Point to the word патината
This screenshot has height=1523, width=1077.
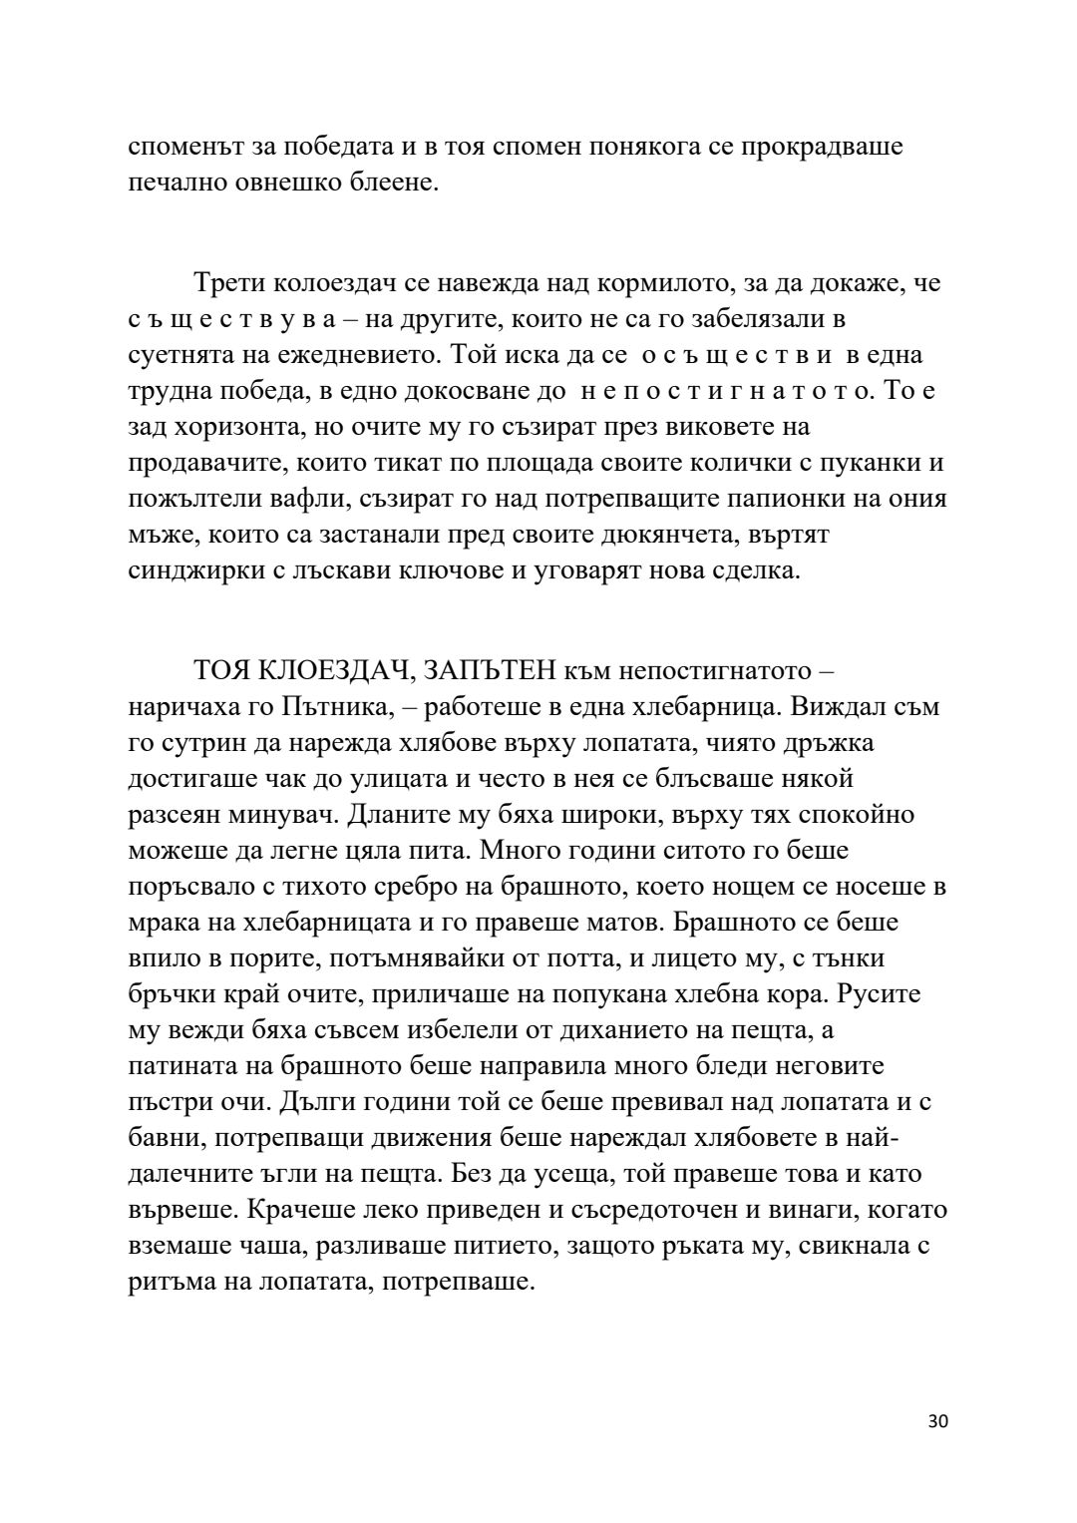[x=180, y=1066]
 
